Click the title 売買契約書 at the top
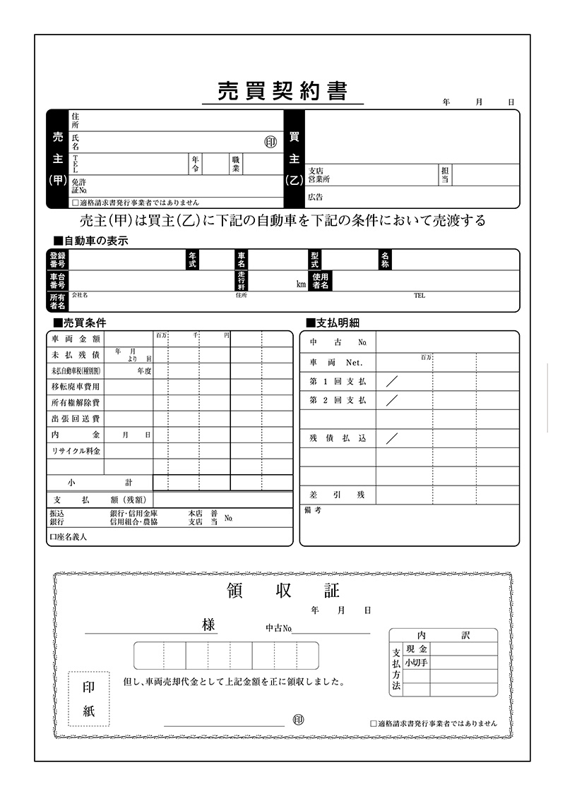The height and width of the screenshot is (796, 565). pos(282,91)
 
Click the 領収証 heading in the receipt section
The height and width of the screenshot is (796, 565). pos(282,591)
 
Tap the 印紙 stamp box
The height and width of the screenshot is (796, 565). pos(88,699)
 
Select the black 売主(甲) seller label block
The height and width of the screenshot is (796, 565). pos(58,159)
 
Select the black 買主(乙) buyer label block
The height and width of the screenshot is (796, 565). pos(295,159)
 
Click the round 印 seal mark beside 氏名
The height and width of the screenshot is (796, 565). pos(270,142)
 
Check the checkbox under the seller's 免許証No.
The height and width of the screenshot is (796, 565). pos(75,203)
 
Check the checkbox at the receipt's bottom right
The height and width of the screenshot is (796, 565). pos(374,723)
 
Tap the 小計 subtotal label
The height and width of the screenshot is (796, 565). pos(100,483)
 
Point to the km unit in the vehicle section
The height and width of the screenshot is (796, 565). pos(301,284)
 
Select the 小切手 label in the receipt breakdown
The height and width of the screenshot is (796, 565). pos(416,662)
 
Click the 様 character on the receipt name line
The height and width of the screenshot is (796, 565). pos(208,625)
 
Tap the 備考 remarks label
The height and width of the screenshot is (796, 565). pos(313,509)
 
